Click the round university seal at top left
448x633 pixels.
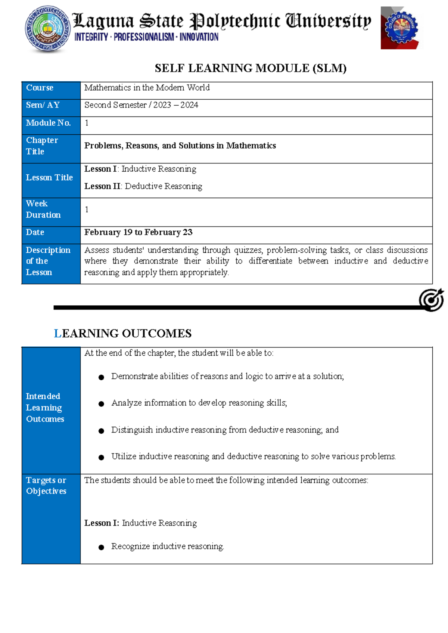click(x=47, y=29)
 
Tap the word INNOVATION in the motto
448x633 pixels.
click(x=199, y=37)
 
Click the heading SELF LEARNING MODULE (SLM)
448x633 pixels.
click(x=251, y=68)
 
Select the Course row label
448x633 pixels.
click(x=40, y=88)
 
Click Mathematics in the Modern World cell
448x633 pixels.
click(x=147, y=88)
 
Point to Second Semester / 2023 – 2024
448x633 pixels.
click(x=141, y=105)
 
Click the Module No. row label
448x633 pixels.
click(x=48, y=123)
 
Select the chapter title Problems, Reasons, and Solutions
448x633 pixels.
click(x=180, y=146)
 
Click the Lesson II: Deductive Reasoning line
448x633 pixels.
click(x=143, y=186)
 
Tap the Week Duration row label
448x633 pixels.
click(x=43, y=209)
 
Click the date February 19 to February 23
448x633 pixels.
click(x=138, y=232)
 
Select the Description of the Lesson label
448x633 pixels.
click(x=48, y=261)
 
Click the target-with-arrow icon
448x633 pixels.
click(x=431, y=299)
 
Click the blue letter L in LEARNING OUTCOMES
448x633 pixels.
click(x=57, y=333)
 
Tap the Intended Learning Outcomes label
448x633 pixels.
click(x=45, y=408)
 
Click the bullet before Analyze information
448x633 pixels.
click(x=101, y=404)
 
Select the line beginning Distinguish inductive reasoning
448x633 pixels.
click(x=225, y=430)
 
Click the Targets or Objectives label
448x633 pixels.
click(x=46, y=486)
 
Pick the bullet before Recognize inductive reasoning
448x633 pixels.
click(x=101, y=547)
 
